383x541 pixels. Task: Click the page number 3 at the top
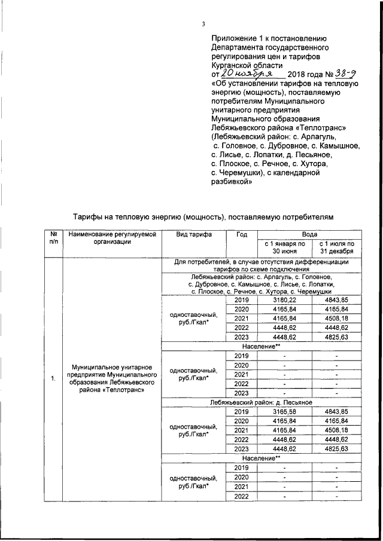[203, 24]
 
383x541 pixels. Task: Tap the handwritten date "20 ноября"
[247, 73]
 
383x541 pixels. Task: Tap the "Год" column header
[241, 236]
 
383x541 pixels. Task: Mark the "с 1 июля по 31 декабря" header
[337, 247]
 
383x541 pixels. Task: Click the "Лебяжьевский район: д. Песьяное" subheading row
[264, 402]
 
